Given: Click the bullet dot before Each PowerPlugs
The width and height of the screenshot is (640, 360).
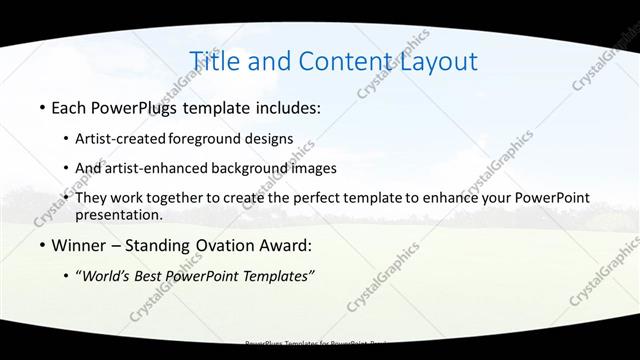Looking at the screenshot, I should coord(41,107).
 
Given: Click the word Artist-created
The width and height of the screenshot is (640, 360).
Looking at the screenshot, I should coord(121,138).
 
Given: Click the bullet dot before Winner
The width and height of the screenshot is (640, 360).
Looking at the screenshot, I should coord(41,245).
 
